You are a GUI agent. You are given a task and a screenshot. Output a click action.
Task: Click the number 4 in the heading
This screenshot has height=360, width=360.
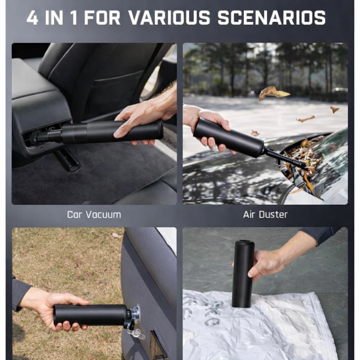[x=32, y=18]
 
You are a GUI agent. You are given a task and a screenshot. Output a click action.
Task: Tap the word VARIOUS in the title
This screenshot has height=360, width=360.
[x=169, y=18]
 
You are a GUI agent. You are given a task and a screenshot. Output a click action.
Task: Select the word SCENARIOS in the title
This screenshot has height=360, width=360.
[x=271, y=18]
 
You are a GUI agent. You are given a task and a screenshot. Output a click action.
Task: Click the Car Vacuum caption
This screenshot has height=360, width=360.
[x=94, y=214]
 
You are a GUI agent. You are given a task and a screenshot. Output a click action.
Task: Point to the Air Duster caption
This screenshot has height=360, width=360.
[x=265, y=214]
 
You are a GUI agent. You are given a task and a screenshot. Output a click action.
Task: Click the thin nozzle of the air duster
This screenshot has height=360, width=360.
[x=285, y=158]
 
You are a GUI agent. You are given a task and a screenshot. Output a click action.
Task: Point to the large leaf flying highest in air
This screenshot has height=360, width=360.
[x=274, y=93]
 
